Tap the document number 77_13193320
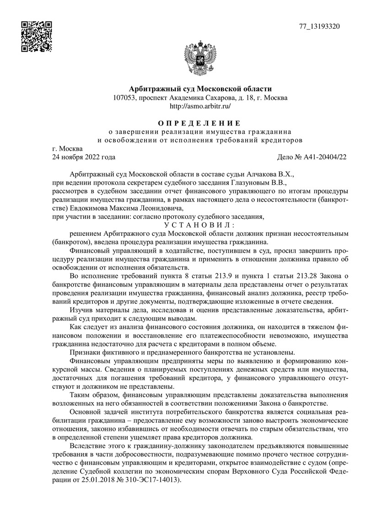tap(319, 26)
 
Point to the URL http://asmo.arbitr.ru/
tap(200, 106)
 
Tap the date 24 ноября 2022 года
tap(84, 157)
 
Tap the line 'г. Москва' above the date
tap(68, 149)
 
